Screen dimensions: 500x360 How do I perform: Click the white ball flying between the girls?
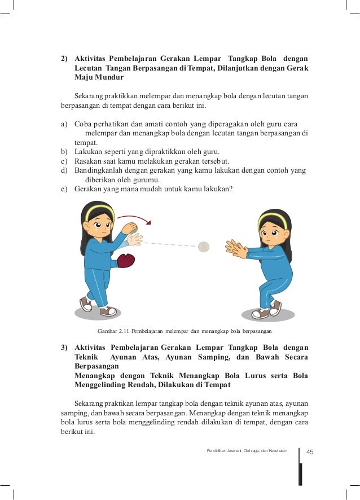204,246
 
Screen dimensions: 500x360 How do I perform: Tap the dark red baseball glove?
125,260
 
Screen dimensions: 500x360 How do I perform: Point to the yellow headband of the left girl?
98,211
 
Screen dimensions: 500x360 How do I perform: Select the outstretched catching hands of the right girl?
236,248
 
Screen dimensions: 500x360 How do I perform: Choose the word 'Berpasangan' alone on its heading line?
96,366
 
